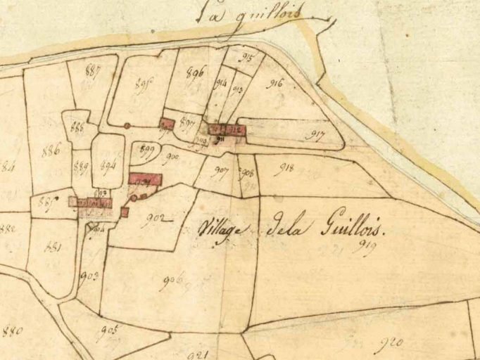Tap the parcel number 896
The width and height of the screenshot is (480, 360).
point(196,70)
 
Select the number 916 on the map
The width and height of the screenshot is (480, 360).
point(276,83)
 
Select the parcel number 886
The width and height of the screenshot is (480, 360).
point(51,149)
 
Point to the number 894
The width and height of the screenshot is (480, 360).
point(108,166)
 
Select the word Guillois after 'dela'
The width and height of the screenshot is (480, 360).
point(349,227)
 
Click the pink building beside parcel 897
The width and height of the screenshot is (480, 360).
point(167,124)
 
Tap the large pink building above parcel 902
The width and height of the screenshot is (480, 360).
point(146,180)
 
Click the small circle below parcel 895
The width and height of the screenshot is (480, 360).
point(127,126)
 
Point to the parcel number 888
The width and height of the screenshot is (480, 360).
point(77,127)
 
